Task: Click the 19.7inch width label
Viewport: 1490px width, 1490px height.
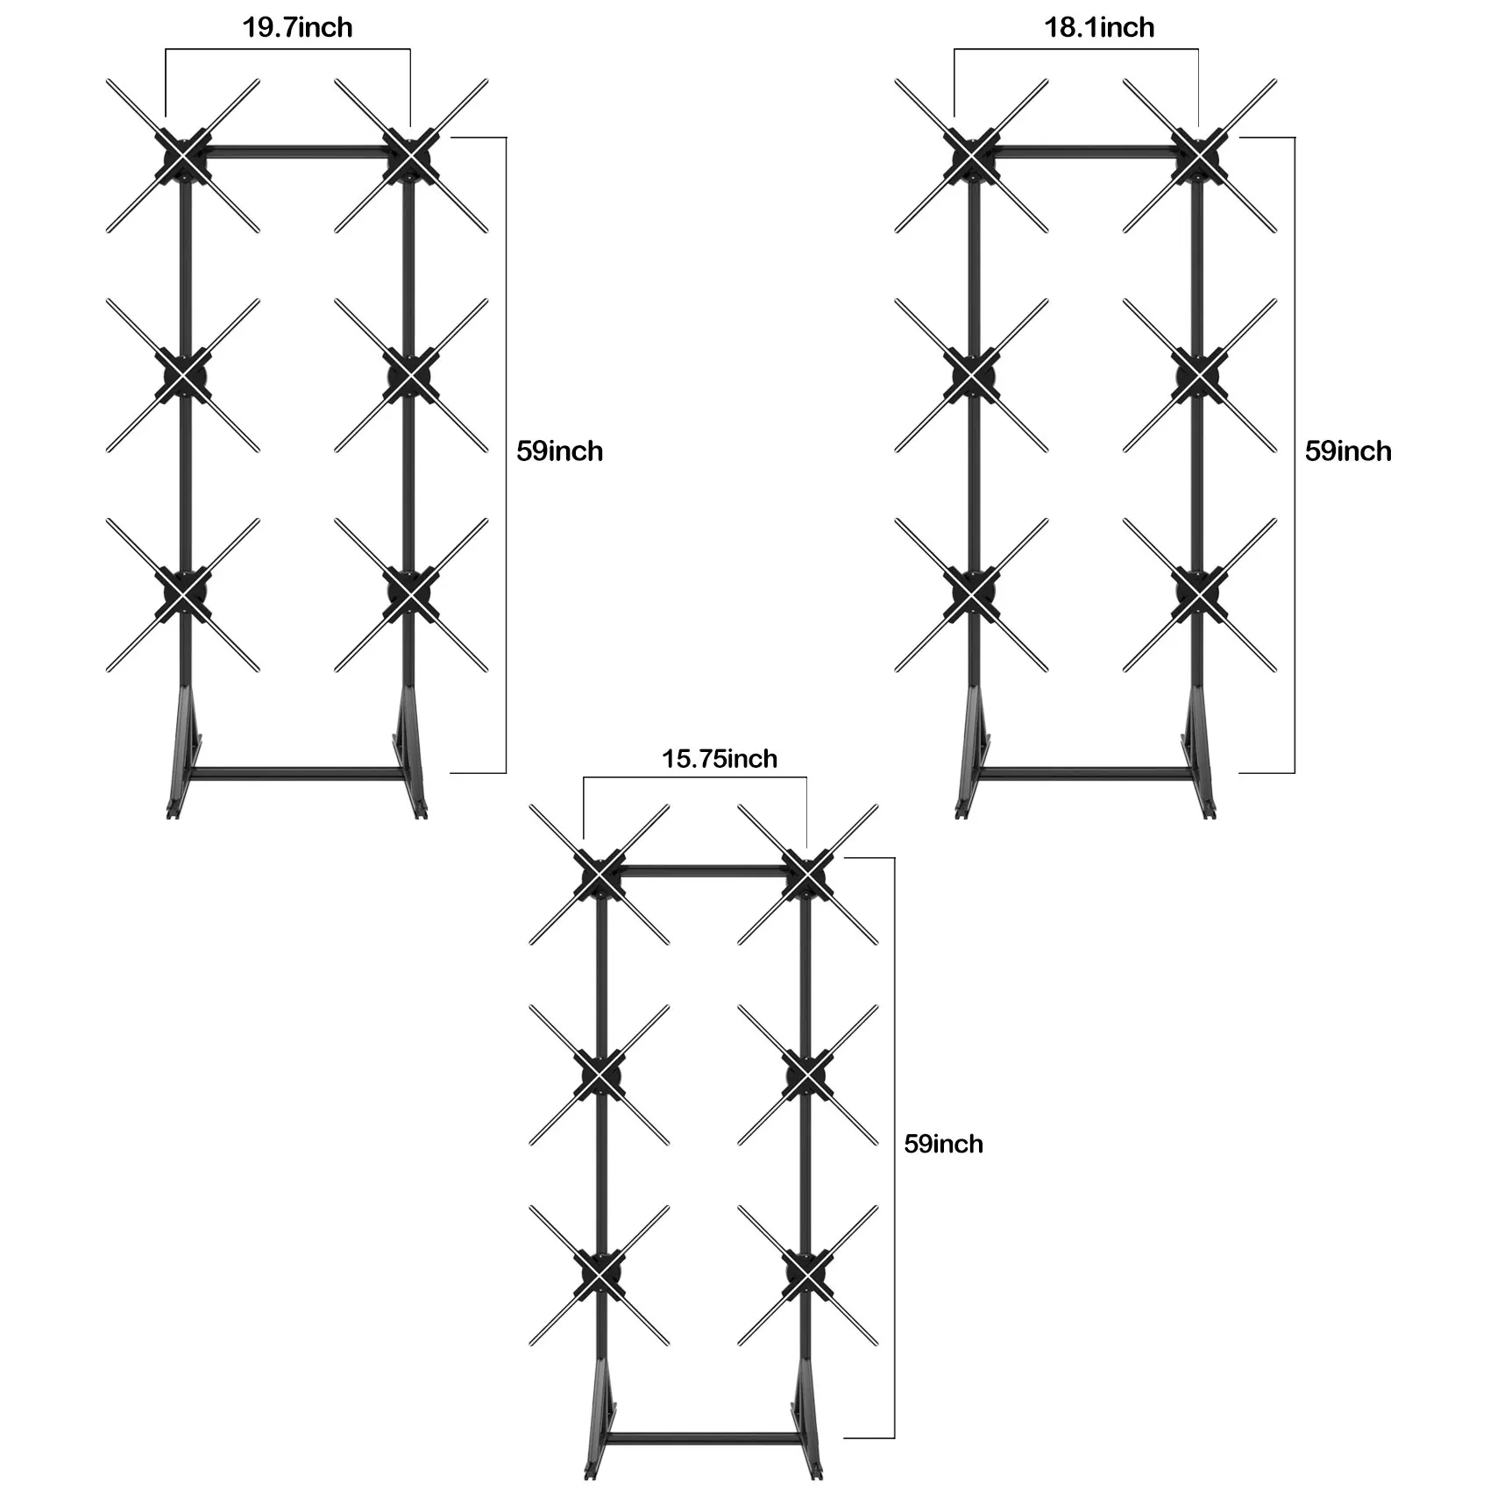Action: point(297,28)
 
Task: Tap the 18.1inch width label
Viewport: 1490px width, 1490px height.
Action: point(1099,28)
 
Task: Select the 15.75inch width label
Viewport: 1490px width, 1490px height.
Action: point(720,758)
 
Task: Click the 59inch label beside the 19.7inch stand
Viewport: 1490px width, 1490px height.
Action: point(559,451)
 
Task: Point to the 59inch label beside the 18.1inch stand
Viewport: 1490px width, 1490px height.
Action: point(1348,451)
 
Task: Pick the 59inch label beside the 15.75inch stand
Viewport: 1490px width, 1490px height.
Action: point(943,1144)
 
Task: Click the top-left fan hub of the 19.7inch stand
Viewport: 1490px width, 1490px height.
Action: point(183,156)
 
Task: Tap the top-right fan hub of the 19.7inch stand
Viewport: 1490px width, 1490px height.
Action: point(411,156)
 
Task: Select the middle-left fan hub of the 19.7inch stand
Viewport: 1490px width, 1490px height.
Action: point(183,375)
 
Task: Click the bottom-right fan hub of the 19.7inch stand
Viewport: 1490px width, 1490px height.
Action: point(411,594)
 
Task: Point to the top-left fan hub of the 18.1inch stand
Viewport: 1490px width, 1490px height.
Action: point(972,156)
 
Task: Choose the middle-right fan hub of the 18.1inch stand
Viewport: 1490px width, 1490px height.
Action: point(1200,375)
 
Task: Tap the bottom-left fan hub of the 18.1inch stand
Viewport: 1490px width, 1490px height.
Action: point(972,594)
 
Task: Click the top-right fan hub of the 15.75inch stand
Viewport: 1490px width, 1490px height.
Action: point(807,875)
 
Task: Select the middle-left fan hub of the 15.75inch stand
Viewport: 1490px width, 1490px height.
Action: point(600,1075)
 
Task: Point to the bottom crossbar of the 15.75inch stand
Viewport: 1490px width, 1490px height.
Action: point(704,1438)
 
